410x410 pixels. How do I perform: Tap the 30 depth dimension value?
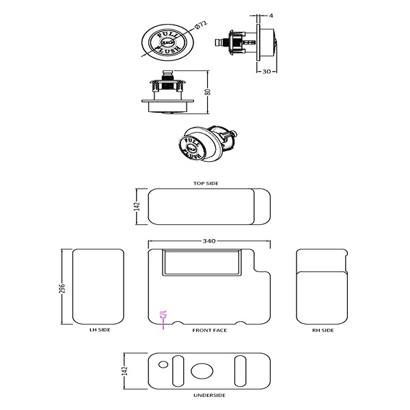267,71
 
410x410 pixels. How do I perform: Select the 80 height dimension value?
208,92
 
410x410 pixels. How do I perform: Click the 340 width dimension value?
209,241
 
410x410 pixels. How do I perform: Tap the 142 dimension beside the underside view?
124,371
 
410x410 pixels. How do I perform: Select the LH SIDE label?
100,330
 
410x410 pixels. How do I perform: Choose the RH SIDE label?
323,330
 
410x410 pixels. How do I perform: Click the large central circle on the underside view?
203,371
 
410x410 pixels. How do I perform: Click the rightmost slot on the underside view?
240,370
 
